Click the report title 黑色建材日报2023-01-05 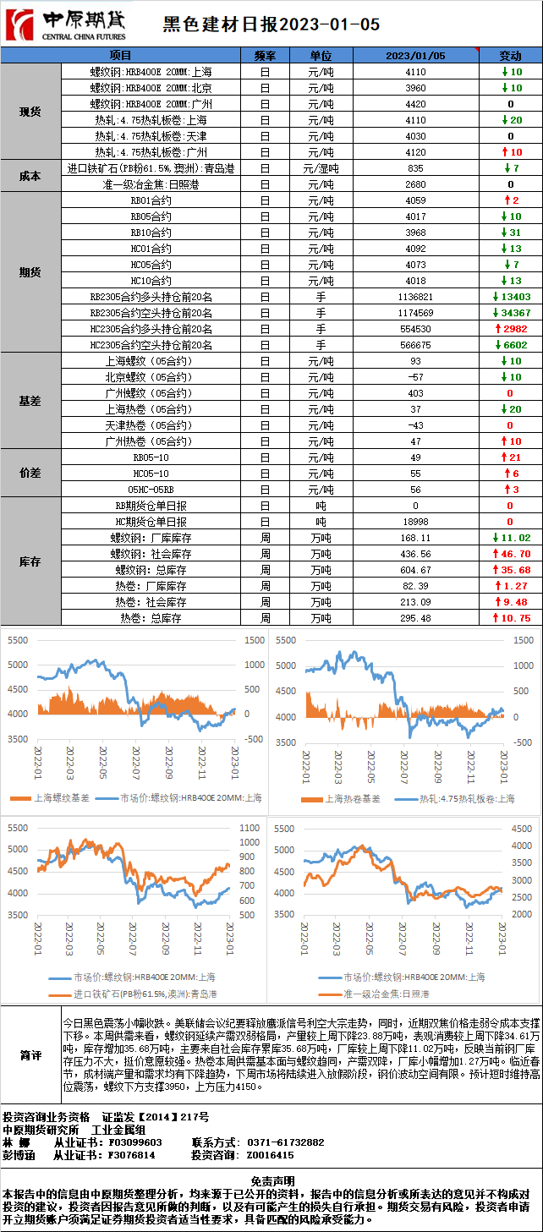271,25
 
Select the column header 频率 265,55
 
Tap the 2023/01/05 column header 415,55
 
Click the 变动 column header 510,55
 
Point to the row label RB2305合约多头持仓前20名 151,297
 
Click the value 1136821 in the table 415,297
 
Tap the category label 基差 30,401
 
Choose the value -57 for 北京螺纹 415,377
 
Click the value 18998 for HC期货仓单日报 415,522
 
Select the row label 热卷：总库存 151,618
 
